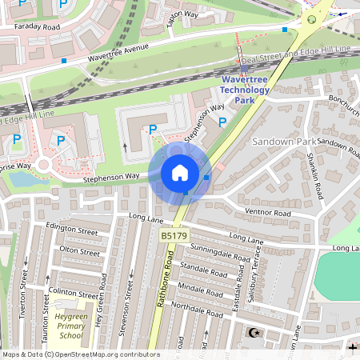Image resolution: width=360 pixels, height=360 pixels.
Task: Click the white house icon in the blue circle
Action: [180, 173]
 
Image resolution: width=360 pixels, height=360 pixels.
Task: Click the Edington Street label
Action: [73, 230]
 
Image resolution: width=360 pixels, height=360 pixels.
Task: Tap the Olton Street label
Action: [80, 251]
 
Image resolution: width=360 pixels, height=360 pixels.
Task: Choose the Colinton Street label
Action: [73, 292]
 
